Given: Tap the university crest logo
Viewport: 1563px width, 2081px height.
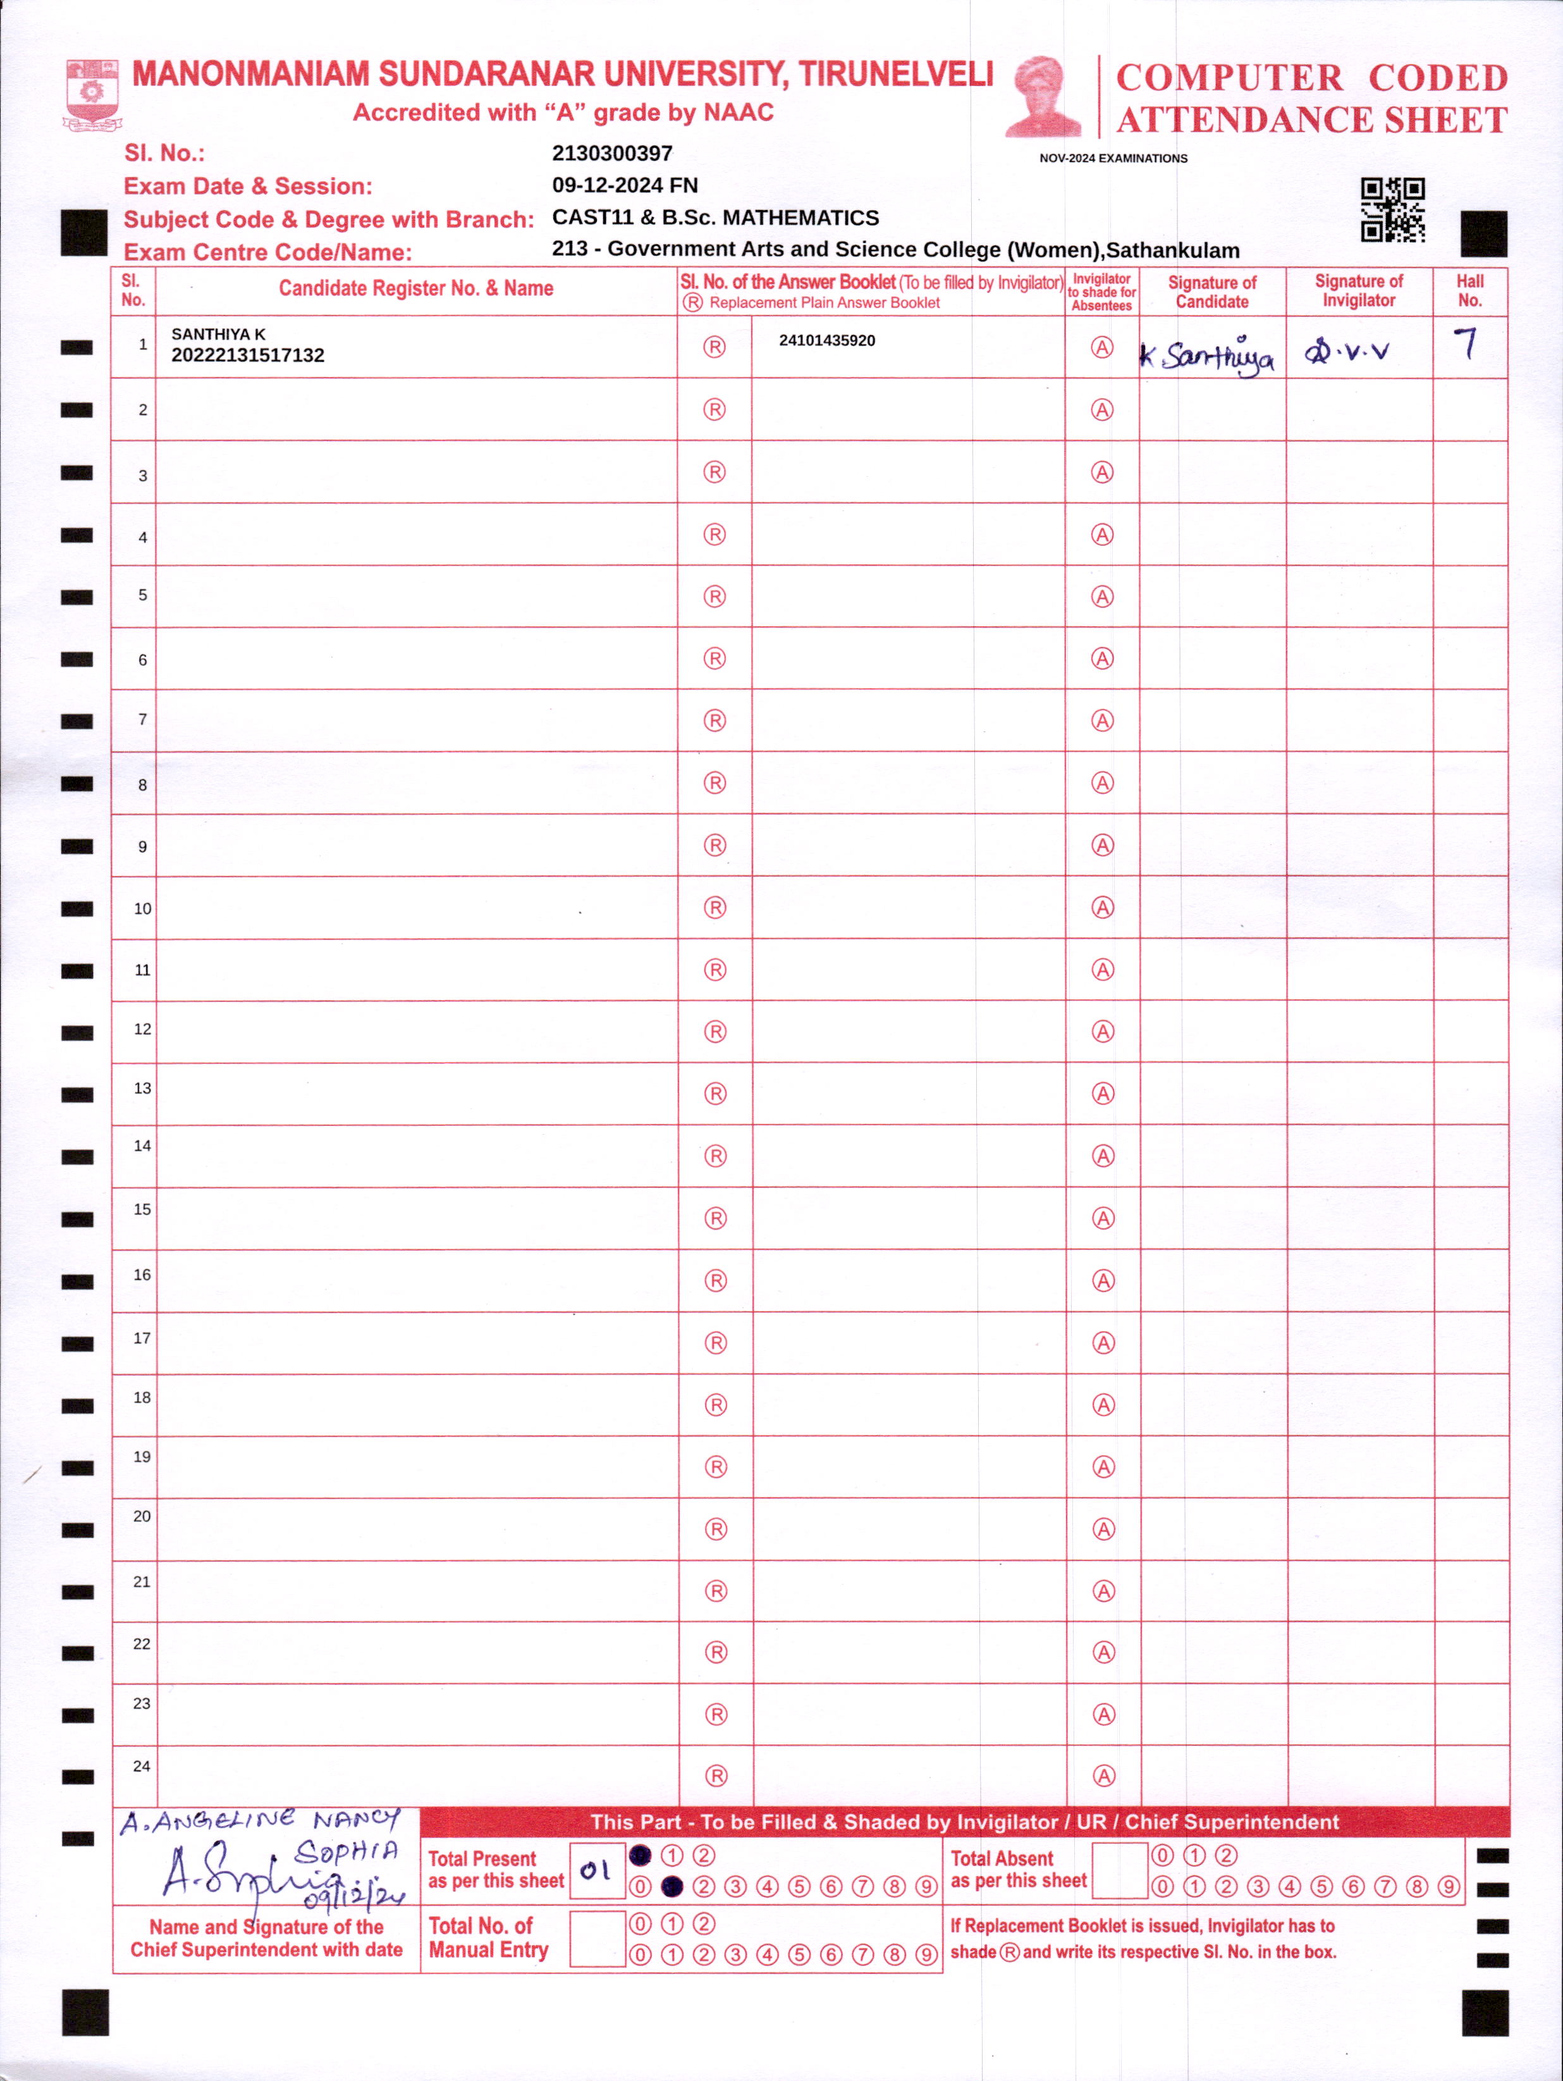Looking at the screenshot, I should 91,94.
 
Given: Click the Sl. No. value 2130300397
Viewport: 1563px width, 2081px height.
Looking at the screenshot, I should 612,152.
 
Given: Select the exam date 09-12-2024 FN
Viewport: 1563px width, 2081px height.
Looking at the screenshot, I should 625,185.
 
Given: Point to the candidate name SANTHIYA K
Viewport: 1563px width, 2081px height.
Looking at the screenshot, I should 218,334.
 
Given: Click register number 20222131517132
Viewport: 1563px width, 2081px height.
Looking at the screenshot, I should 247,355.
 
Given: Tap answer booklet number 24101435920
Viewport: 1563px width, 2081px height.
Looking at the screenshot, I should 826,340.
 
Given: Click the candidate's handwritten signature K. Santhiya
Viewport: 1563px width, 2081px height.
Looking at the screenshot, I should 1208,355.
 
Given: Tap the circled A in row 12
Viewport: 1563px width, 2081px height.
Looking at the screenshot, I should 1102,1032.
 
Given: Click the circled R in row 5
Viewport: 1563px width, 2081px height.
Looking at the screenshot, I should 714,596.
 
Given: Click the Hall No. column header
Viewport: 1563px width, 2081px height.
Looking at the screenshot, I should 1470,291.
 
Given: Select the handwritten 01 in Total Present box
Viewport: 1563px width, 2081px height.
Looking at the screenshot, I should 596,1870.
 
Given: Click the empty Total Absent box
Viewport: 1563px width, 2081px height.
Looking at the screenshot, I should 1119,1870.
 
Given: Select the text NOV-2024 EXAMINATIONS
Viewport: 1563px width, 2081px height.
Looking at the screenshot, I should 1113,158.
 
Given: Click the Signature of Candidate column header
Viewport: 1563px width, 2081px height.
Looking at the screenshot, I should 1211,292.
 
